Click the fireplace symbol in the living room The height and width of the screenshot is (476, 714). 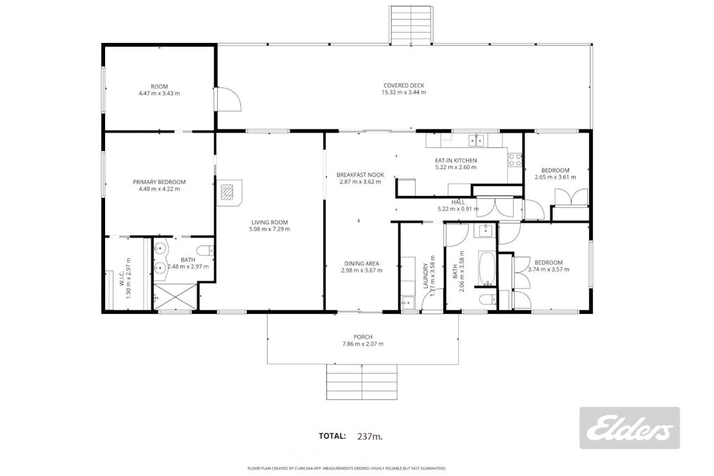(x=227, y=192)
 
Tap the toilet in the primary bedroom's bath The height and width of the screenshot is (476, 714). (x=205, y=250)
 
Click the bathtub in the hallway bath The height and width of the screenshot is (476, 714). (x=486, y=267)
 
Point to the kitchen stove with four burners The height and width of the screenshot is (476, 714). (x=515, y=160)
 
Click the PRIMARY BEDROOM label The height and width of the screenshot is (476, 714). (x=159, y=182)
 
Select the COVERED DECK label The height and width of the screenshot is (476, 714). (x=403, y=85)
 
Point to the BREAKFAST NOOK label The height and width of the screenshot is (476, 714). (x=359, y=174)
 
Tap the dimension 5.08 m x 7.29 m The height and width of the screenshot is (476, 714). (x=269, y=228)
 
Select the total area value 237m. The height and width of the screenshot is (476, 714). (x=369, y=437)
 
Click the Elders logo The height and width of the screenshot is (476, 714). (x=629, y=428)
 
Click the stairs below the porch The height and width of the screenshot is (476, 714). (x=362, y=382)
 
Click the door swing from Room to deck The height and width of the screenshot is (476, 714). (x=228, y=99)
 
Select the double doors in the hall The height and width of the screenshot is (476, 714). (x=500, y=209)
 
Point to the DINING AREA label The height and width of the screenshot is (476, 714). (x=361, y=263)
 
